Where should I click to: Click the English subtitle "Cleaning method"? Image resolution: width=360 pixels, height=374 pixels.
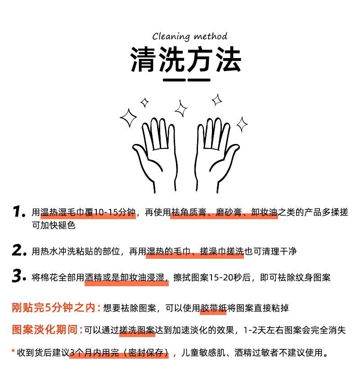[x=190, y=36]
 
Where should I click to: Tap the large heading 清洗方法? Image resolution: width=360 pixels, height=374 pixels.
[x=186, y=59]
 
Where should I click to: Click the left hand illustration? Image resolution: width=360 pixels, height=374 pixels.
[x=155, y=154]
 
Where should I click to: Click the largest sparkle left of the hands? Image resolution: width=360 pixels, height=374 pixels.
[x=129, y=117]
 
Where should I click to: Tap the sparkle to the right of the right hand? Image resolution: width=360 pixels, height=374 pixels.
[x=242, y=125]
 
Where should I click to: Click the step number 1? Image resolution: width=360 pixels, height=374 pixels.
[x=18, y=212]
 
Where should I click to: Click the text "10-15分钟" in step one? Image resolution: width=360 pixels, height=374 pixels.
[x=114, y=212]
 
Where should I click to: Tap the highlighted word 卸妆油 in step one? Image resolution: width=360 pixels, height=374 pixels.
[x=264, y=212]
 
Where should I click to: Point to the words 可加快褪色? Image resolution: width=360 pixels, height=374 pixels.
[x=54, y=225]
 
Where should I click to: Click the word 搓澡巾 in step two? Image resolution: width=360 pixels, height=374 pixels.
[x=213, y=251]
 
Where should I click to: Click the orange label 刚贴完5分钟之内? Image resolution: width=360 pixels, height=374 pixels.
[x=54, y=308]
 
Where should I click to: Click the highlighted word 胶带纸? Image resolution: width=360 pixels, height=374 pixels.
[x=213, y=308]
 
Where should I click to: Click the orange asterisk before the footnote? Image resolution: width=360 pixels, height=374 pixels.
[x=13, y=351]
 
